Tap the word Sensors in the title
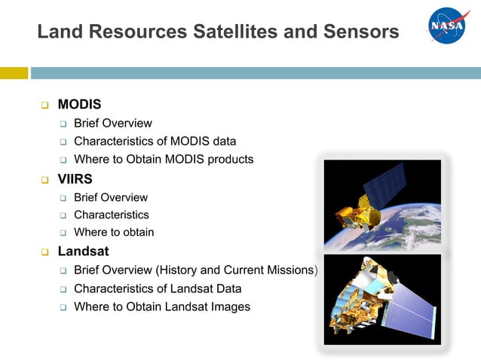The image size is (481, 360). (362, 32)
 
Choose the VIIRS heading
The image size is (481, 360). (76, 179)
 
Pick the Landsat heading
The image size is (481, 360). (84, 252)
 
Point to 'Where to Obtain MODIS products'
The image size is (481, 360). (164, 159)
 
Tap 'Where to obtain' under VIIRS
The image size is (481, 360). (114, 232)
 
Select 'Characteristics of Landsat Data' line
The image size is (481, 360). (158, 288)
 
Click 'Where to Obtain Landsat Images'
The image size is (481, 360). (162, 307)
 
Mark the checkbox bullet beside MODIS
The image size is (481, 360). (45, 105)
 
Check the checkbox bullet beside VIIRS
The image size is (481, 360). (45, 179)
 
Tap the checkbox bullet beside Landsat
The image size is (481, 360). (45, 252)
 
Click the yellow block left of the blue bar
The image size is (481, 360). (14, 73)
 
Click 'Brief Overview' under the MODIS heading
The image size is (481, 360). (112, 123)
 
